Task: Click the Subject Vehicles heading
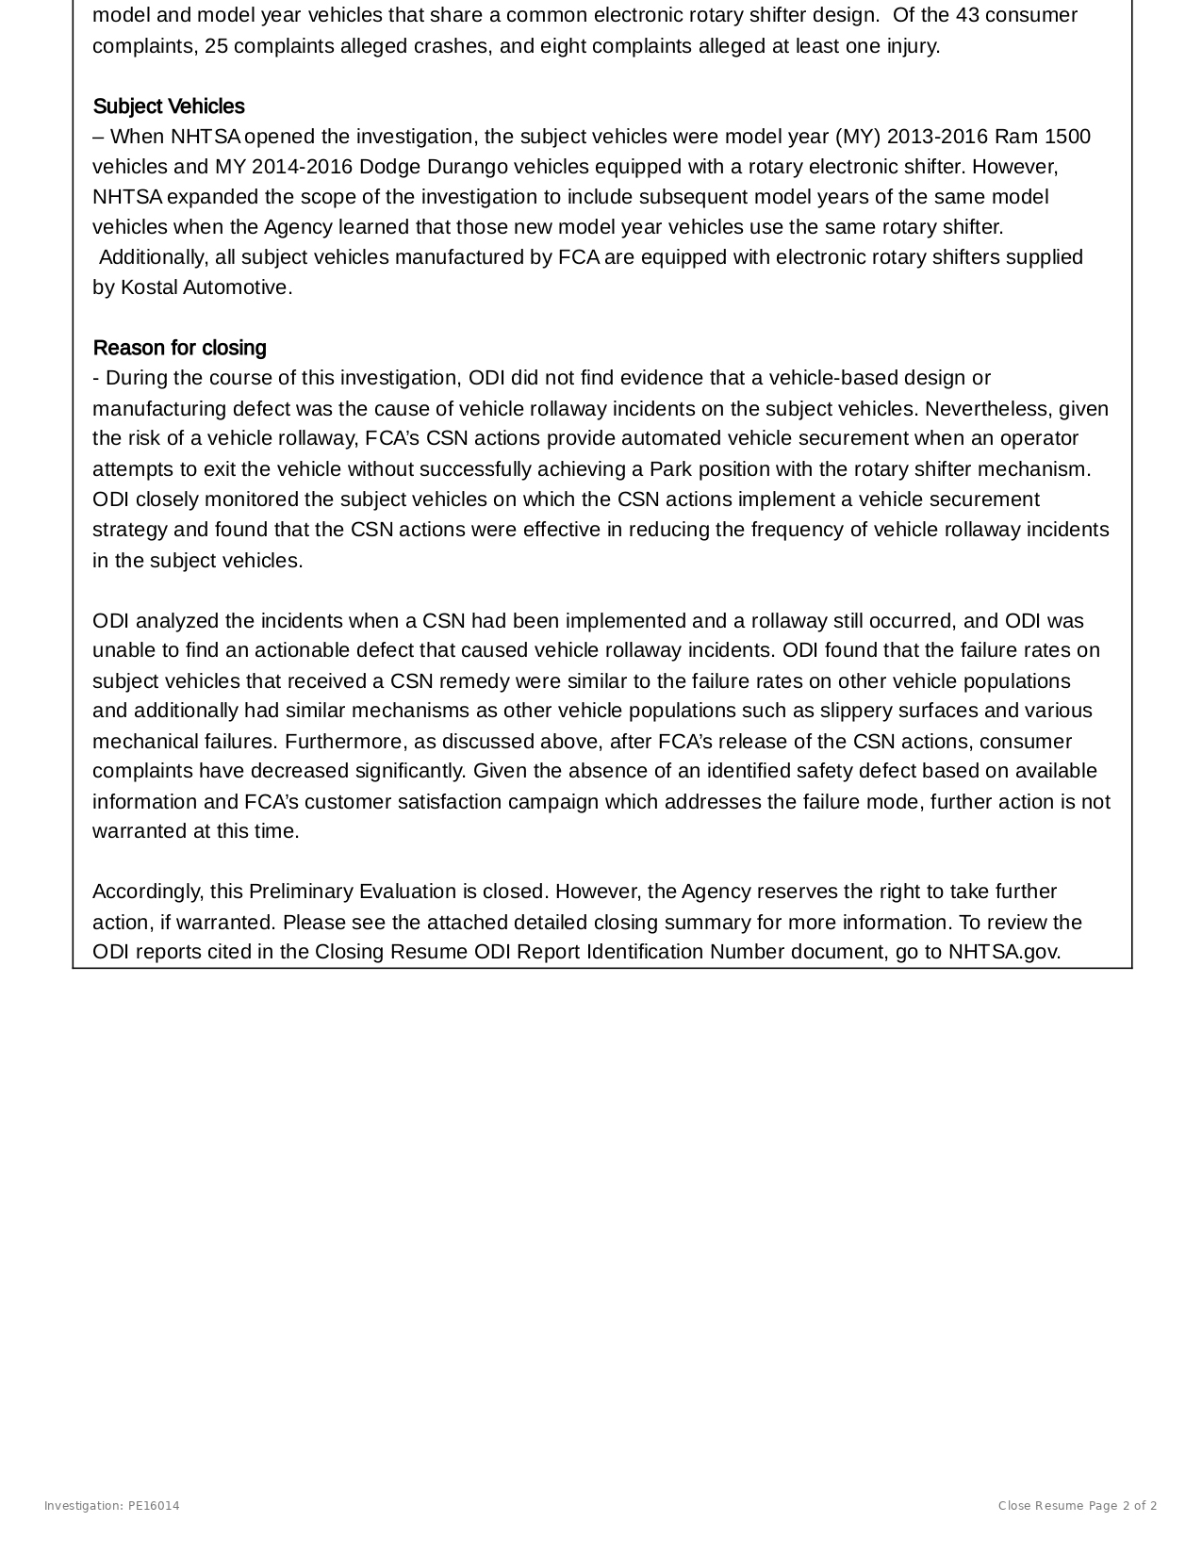(x=169, y=106)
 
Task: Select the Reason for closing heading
(x=179, y=348)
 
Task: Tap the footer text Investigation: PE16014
(x=111, y=1505)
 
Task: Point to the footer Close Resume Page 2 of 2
(x=1078, y=1505)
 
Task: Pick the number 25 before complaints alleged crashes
(x=216, y=46)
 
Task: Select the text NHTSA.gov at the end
(x=1004, y=952)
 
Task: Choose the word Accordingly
(x=148, y=892)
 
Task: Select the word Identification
(x=645, y=952)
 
